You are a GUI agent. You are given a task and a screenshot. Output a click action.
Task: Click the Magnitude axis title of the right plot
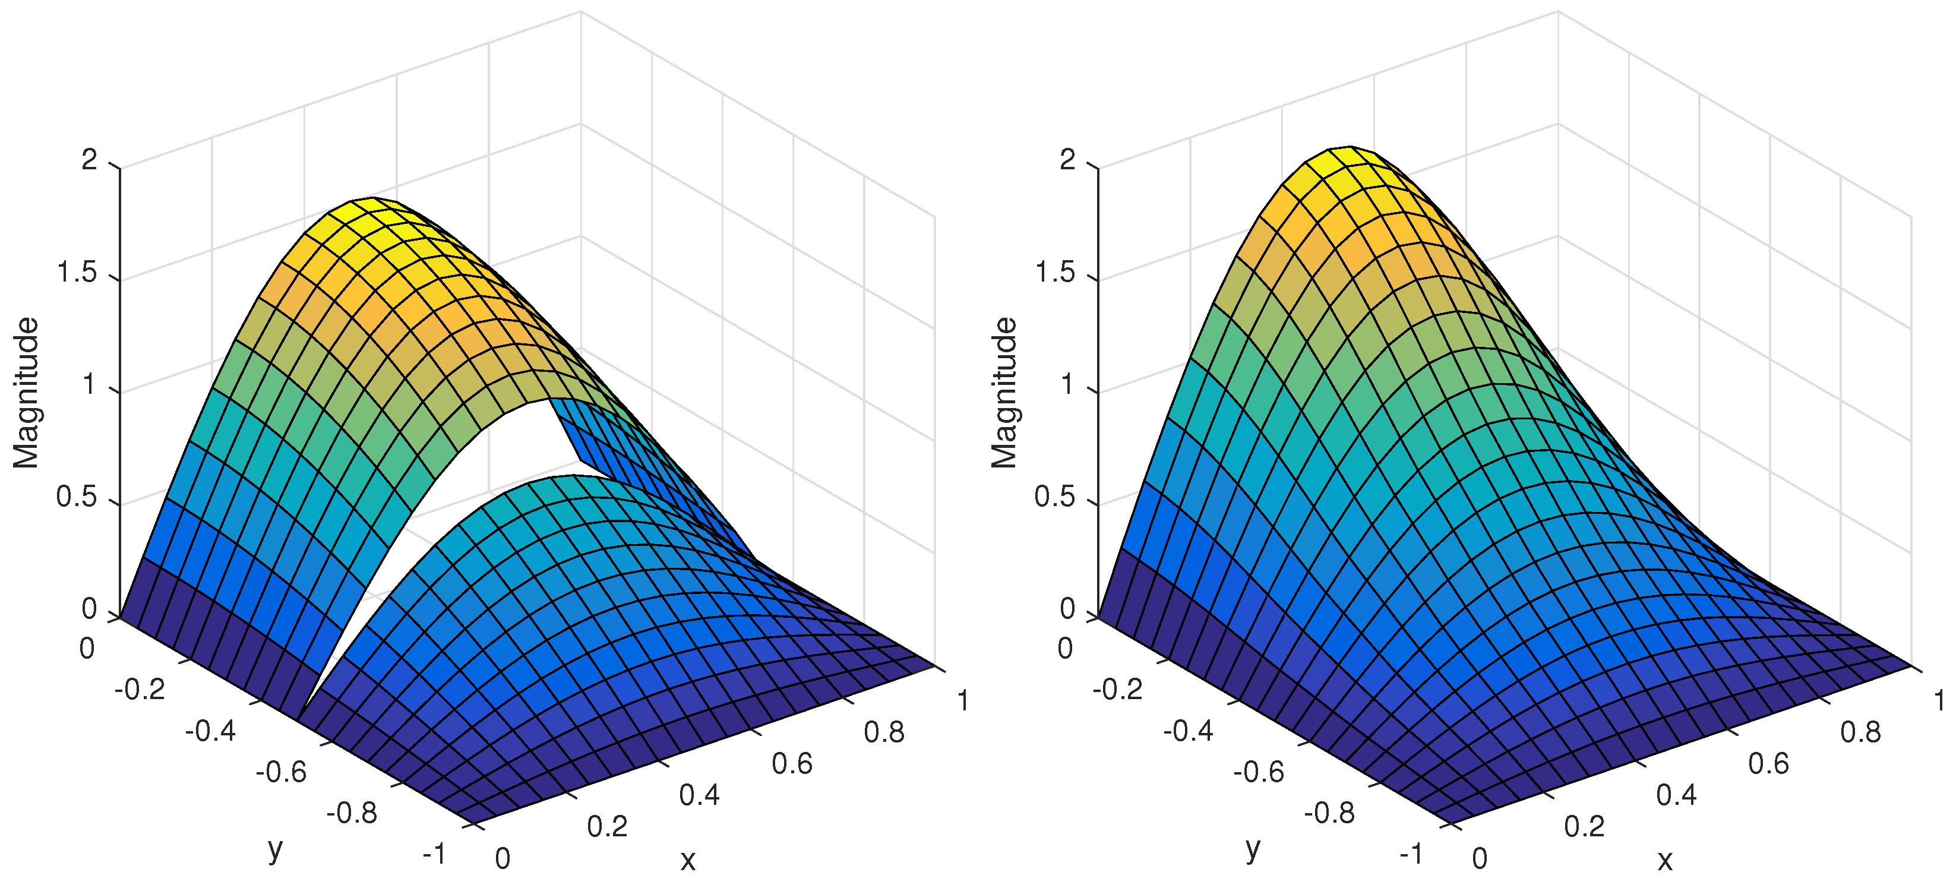pos(1004,392)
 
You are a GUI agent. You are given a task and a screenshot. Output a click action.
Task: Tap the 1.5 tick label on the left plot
pos(77,272)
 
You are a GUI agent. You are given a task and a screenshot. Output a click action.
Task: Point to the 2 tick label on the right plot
pos(1067,159)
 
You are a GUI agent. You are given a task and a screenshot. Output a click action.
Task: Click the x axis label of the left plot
pos(687,860)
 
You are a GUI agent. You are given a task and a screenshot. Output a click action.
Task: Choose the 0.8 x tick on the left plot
pos(883,732)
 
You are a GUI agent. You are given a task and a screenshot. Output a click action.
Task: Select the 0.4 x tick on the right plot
pos(1676,795)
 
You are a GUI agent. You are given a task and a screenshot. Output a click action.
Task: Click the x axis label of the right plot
pos(1665,860)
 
